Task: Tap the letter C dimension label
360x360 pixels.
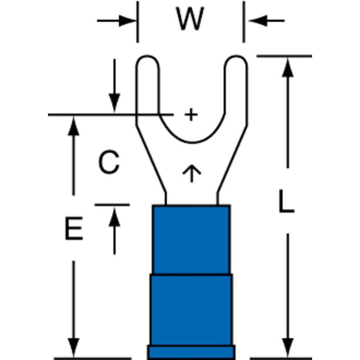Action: pyautogui.click(x=109, y=163)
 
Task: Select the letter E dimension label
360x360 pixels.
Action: pyautogui.click(x=74, y=230)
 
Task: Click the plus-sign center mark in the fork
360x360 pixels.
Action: pyautogui.click(x=191, y=115)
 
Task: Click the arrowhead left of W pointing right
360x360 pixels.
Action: pyautogui.click(x=128, y=20)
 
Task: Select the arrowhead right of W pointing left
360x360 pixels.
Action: pyautogui.click(x=257, y=20)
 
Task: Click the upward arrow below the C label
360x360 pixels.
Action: pyautogui.click(x=114, y=215)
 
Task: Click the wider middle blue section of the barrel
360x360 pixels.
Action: pyautogui.click(x=191, y=309)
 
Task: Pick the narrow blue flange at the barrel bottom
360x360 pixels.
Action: pyautogui.click(x=191, y=352)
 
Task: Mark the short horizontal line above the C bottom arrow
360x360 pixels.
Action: pyautogui.click(x=112, y=204)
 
